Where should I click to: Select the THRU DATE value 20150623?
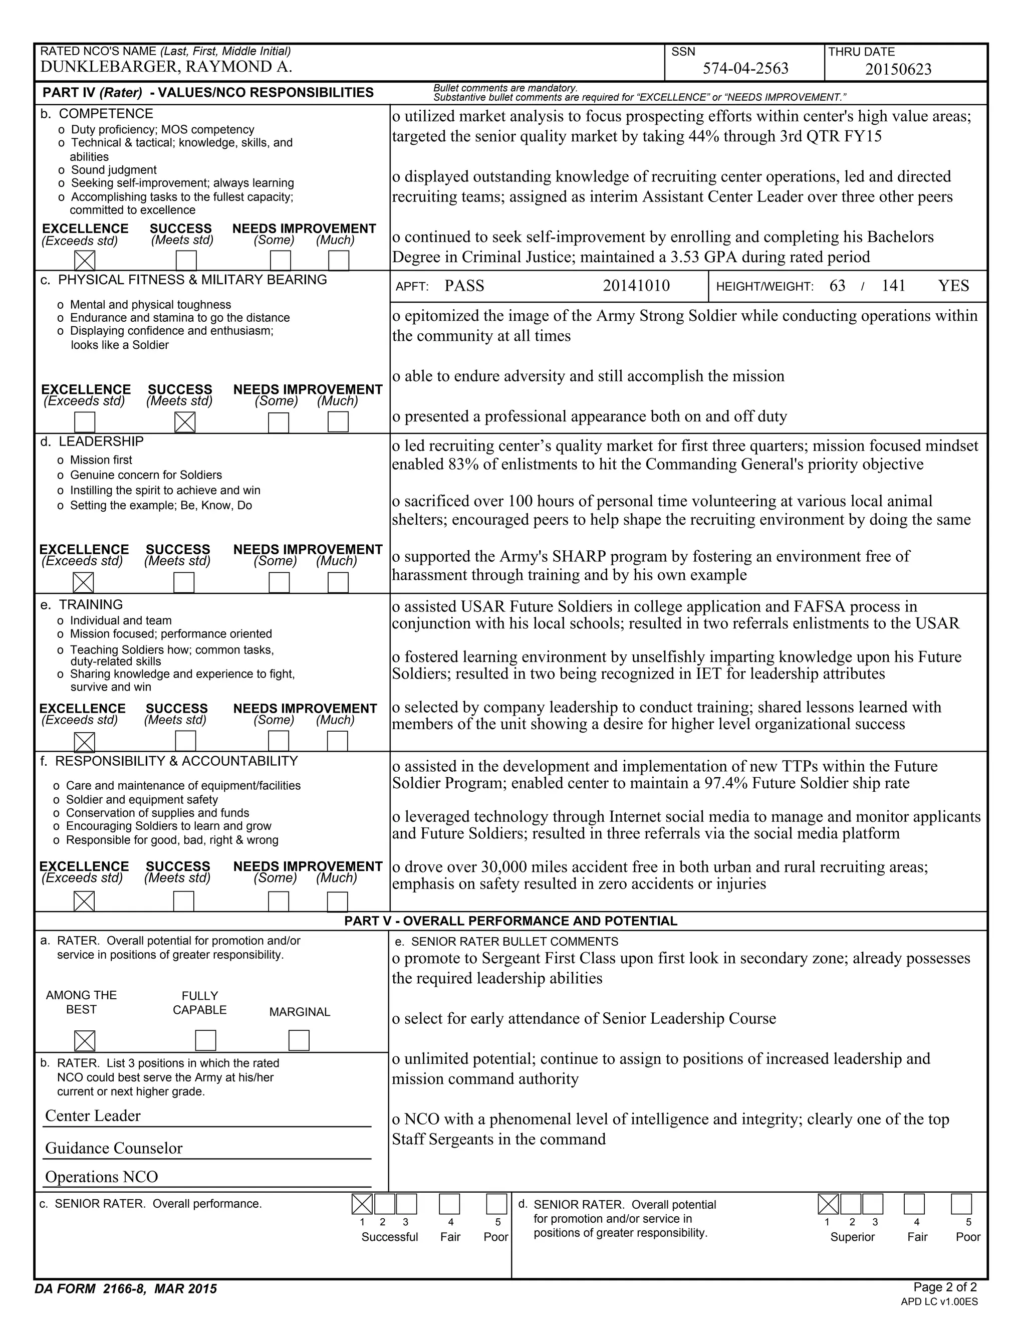[x=898, y=69]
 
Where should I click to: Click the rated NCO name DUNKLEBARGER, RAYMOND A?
[x=166, y=67]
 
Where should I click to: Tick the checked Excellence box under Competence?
[x=85, y=260]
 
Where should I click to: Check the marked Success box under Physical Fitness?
[x=185, y=422]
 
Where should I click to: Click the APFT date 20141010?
[x=636, y=286]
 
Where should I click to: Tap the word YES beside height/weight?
[x=953, y=286]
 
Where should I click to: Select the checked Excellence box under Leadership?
[x=83, y=582]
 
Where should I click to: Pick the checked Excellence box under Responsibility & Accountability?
[x=84, y=901]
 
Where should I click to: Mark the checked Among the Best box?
[x=85, y=1040]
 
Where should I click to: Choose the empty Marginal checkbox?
[x=299, y=1040]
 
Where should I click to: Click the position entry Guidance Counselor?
[x=114, y=1148]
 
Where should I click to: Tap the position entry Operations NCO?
[x=102, y=1177]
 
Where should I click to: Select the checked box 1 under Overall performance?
[x=362, y=1204]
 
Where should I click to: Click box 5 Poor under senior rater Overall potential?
[x=961, y=1204]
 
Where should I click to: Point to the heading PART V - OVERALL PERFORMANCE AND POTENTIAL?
[x=510, y=921]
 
